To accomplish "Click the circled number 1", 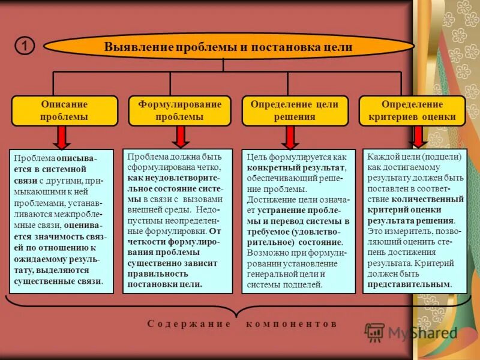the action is pyautogui.click(x=24, y=46).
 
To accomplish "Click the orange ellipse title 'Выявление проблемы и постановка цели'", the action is pyautogui.click(x=228, y=47).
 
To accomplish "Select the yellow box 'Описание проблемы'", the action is pyautogui.click(x=64, y=110).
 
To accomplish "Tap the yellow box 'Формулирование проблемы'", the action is pyautogui.click(x=179, y=110).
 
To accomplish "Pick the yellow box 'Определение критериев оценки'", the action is pyautogui.click(x=412, y=110).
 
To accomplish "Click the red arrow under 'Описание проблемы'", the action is pyautogui.click(x=62, y=137).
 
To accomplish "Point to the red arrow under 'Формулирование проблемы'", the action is pyautogui.click(x=179, y=137).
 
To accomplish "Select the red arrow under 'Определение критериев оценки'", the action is pyautogui.click(x=418, y=137).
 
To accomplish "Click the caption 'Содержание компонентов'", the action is pyautogui.click(x=242, y=323).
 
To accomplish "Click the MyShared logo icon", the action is pyautogui.click(x=375, y=332).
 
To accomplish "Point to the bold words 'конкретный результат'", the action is pyautogui.click(x=296, y=168).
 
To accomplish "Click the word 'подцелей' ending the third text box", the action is pyautogui.click(x=305, y=284).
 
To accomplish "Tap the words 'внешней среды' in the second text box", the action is pyautogui.click(x=155, y=210).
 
